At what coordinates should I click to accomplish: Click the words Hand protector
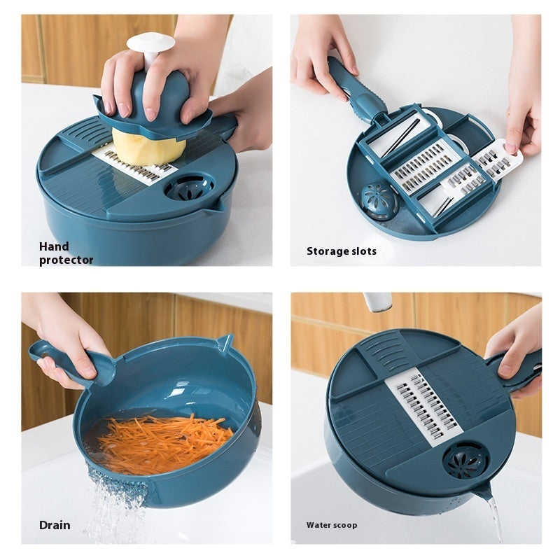click(x=65, y=253)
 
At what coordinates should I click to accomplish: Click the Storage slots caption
click(x=341, y=251)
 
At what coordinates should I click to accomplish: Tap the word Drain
click(x=54, y=525)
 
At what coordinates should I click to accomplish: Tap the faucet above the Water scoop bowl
click(x=378, y=302)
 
